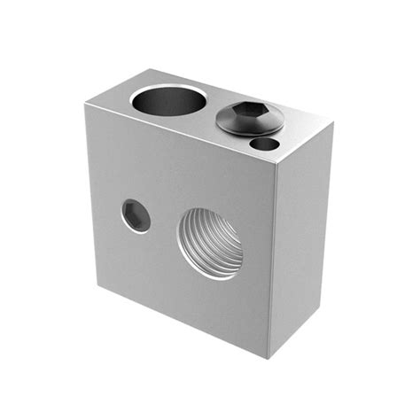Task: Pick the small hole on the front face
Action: pyautogui.click(x=136, y=215)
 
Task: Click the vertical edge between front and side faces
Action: pyautogui.click(x=271, y=266)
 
